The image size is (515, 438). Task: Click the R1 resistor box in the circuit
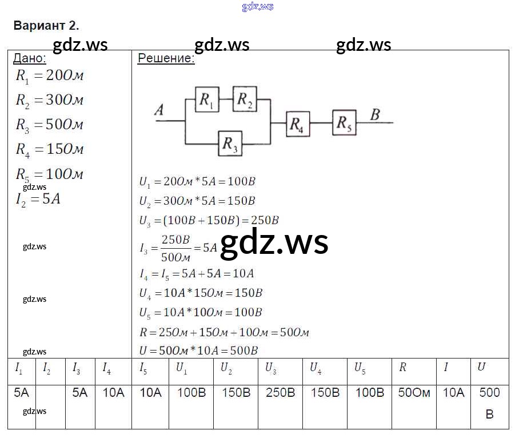click(207, 100)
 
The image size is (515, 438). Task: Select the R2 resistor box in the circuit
click(245, 99)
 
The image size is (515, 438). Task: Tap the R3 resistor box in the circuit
click(230, 143)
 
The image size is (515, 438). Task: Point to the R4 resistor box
click(298, 124)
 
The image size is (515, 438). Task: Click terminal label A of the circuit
click(159, 110)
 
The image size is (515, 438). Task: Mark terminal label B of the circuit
click(375, 114)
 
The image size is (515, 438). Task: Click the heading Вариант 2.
click(46, 26)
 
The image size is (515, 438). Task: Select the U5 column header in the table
click(360, 369)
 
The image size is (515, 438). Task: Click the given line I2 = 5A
click(38, 200)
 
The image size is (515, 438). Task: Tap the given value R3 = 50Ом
click(50, 125)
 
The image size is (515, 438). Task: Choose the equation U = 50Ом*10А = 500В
click(198, 351)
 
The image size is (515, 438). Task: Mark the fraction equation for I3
click(178, 247)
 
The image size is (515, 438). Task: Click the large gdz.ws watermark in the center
click(274, 242)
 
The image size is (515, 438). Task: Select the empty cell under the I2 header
click(50, 400)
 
